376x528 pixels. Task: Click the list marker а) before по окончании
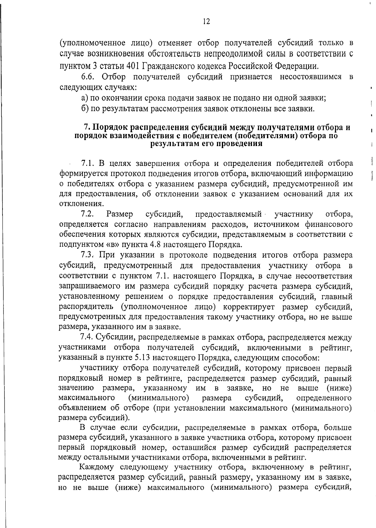[84, 98]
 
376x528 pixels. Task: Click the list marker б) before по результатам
[84, 109]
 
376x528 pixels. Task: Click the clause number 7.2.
[88, 214]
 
